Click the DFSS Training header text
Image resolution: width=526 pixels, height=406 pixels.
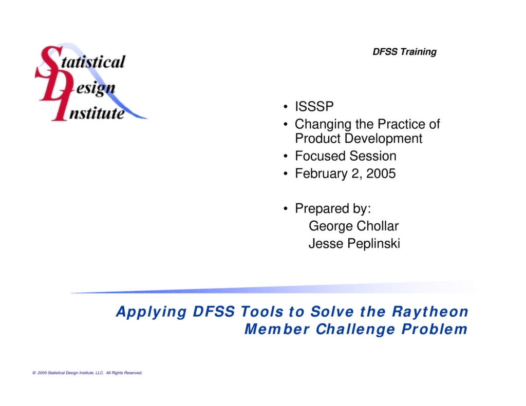[404, 52]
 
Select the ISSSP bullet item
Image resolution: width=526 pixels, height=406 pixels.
[314, 107]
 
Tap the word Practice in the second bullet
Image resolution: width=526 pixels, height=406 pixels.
[401, 124]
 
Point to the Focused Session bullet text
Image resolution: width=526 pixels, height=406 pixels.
[345, 156]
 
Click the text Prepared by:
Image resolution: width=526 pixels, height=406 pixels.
[333, 209]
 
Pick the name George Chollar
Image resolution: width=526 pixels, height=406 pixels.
[353, 226]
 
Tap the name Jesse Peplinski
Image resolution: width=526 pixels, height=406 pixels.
[354, 244]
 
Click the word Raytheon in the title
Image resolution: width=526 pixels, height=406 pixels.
[430, 312]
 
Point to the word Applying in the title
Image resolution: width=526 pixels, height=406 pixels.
[151, 312]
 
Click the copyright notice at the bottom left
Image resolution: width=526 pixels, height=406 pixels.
[87, 373]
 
